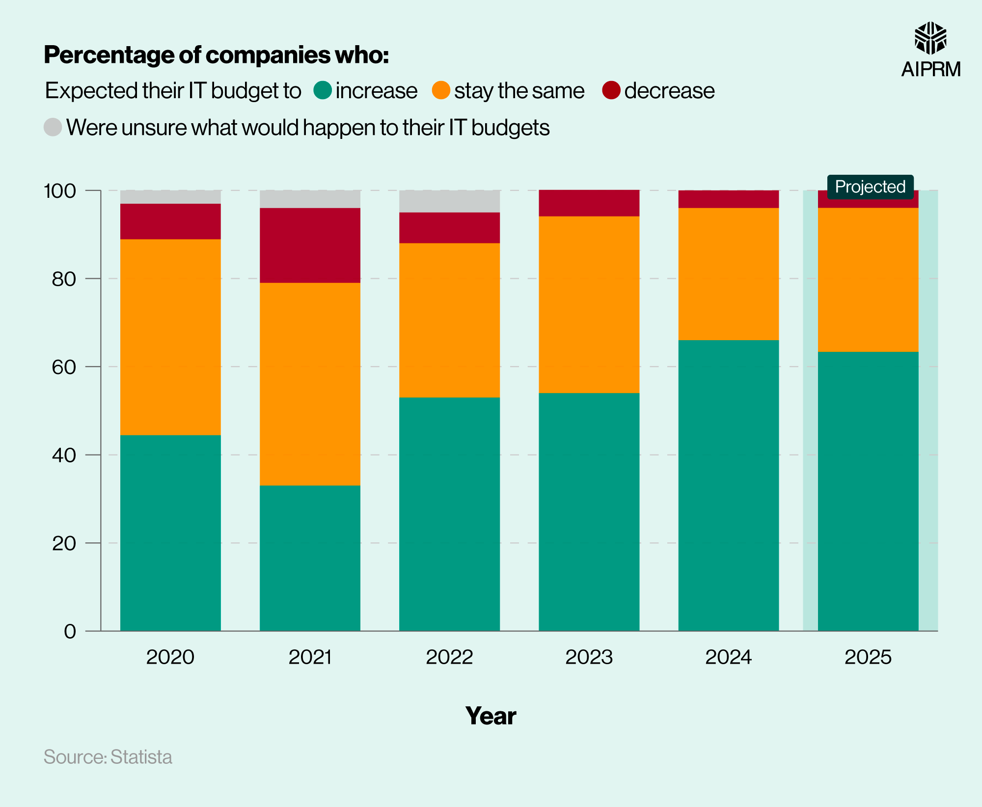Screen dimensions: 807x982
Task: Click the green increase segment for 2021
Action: (310, 558)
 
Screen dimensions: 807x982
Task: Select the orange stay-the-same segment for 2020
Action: (170, 337)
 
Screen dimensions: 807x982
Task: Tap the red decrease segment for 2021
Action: (310, 245)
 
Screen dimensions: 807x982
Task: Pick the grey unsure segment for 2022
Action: (449, 201)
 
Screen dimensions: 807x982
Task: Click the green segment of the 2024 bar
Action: (728, 485)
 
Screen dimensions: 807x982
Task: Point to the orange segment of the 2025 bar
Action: (868, 279)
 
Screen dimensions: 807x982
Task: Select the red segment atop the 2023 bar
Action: (589, 203)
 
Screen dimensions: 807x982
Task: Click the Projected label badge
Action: (870, 187)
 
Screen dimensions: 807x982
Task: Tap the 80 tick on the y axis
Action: (64, 279)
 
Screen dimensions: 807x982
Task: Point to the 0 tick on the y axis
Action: (70, 631)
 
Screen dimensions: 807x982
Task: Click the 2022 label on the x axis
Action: (449, 657)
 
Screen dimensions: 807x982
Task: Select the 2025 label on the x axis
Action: (868, 657)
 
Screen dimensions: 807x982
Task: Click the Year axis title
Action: (491, 715)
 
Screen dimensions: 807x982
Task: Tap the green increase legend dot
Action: (323, 90)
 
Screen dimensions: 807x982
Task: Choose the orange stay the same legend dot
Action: (441, 90)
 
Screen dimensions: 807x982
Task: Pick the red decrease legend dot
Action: (611, 90)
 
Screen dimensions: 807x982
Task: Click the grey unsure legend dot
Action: (53, 127)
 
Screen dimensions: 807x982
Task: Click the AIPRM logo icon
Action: (930, 38)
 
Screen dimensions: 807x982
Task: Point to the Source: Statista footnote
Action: (108, 756)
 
